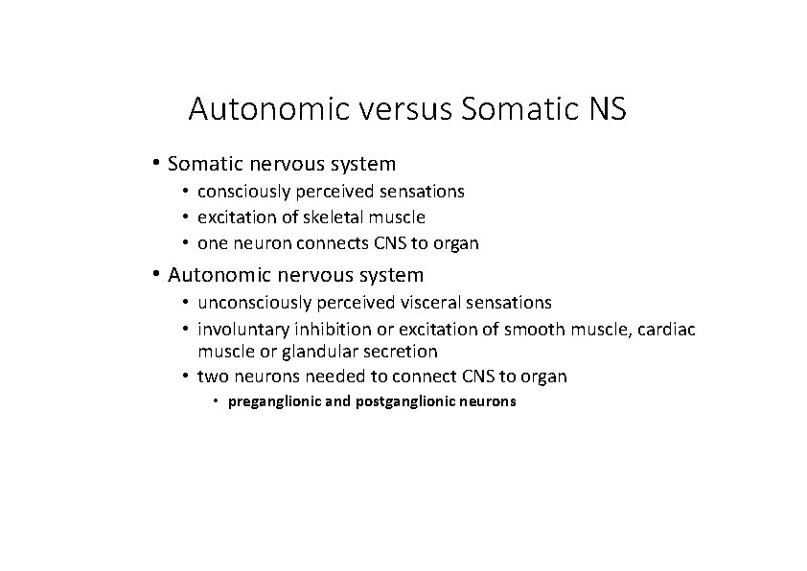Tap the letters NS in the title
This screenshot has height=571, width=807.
pyautogui.click(x=603, y=109)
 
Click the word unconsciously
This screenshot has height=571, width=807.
pyautogui.click(x=255, y=303)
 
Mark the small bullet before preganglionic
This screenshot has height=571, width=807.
pyautogui.click(x=218, y=401)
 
